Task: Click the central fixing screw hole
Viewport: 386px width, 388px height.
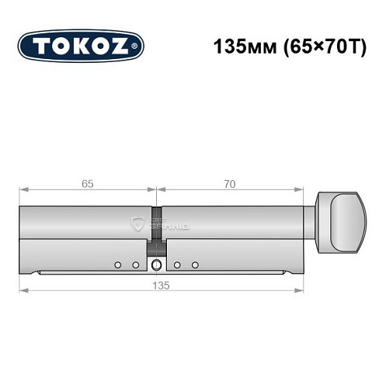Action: (x=158, y=266)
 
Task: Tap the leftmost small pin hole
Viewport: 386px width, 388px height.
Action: (x=117, y=265)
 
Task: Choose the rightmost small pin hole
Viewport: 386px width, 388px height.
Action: (x=196, y=265)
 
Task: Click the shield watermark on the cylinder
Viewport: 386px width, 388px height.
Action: (x=140, y=226)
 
